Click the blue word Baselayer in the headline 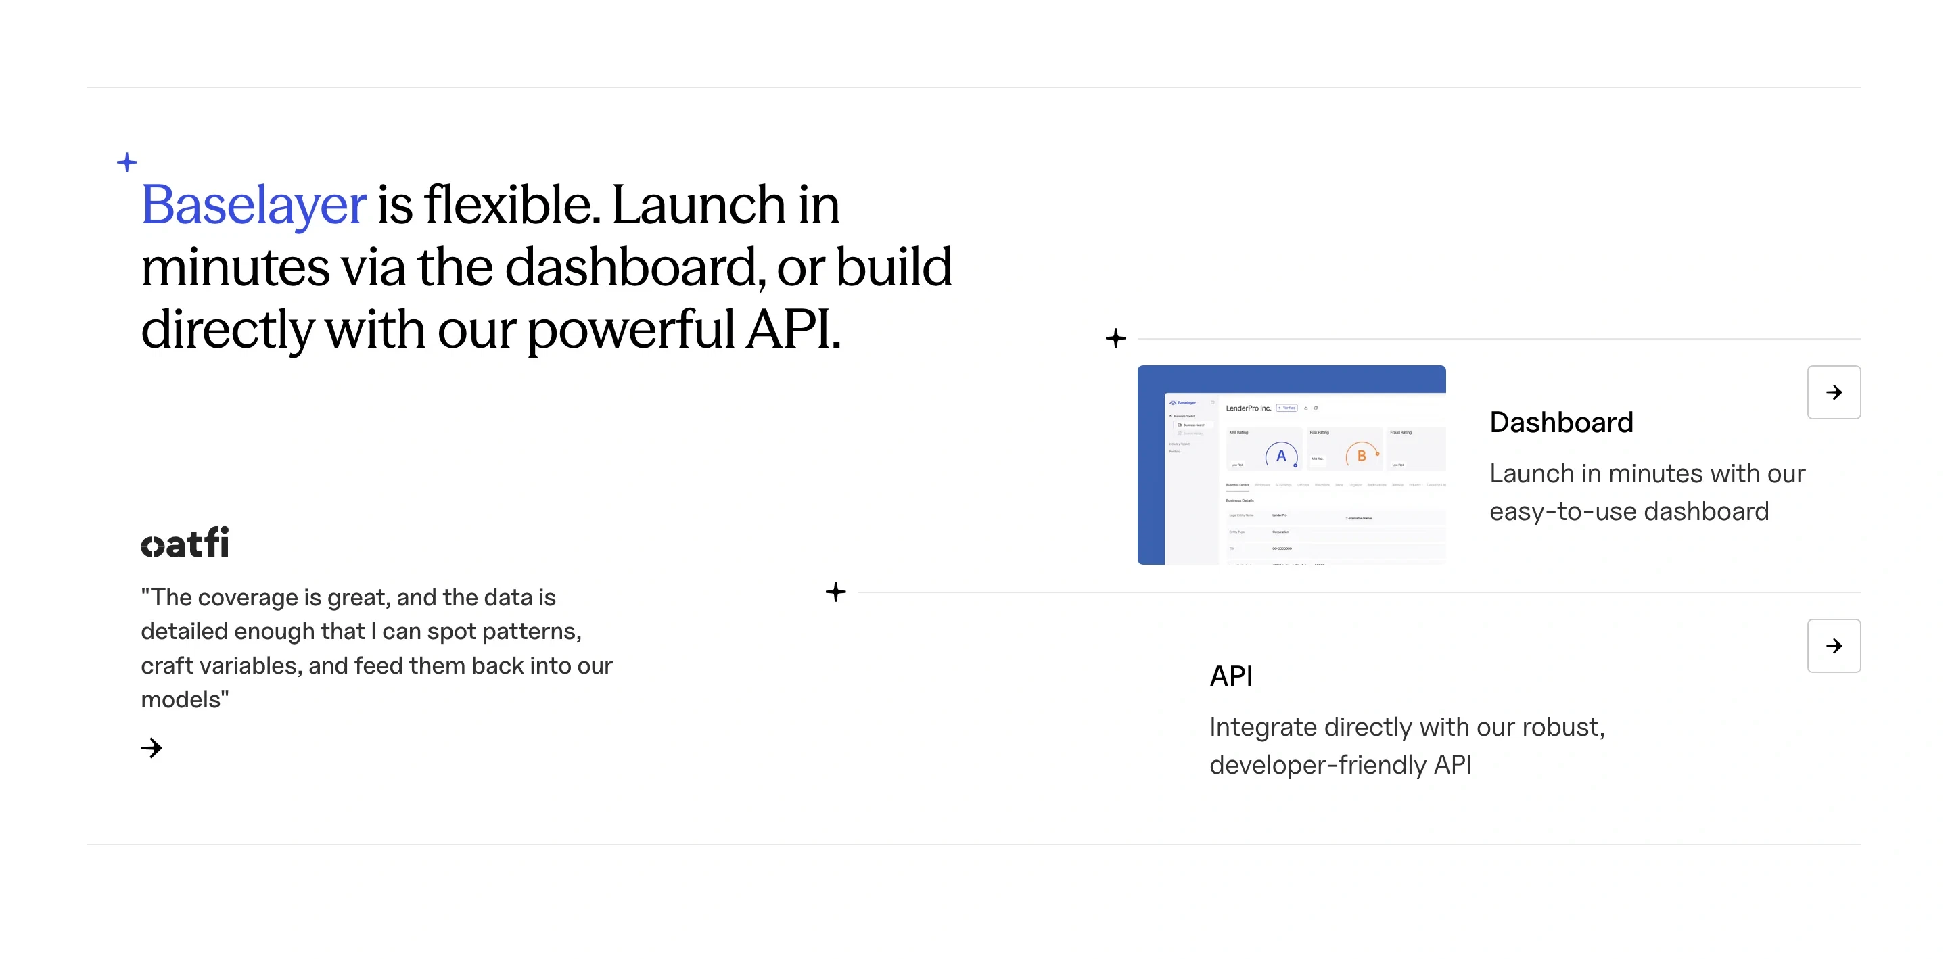pos(254,205)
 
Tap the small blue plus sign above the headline pos(127,162)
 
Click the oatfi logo pos(185,543)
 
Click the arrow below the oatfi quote pos(152,748)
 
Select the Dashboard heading pos(1561,422)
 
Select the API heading pos(1230,676)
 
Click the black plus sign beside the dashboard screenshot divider pos(1115,338)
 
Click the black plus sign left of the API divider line pos(835,592)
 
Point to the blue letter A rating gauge pos(1281,455)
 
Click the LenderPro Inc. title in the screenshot pos(1248,408)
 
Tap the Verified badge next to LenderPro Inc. pos(1287,408)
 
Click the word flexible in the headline pos(512,205)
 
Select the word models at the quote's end pos(181,699)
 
